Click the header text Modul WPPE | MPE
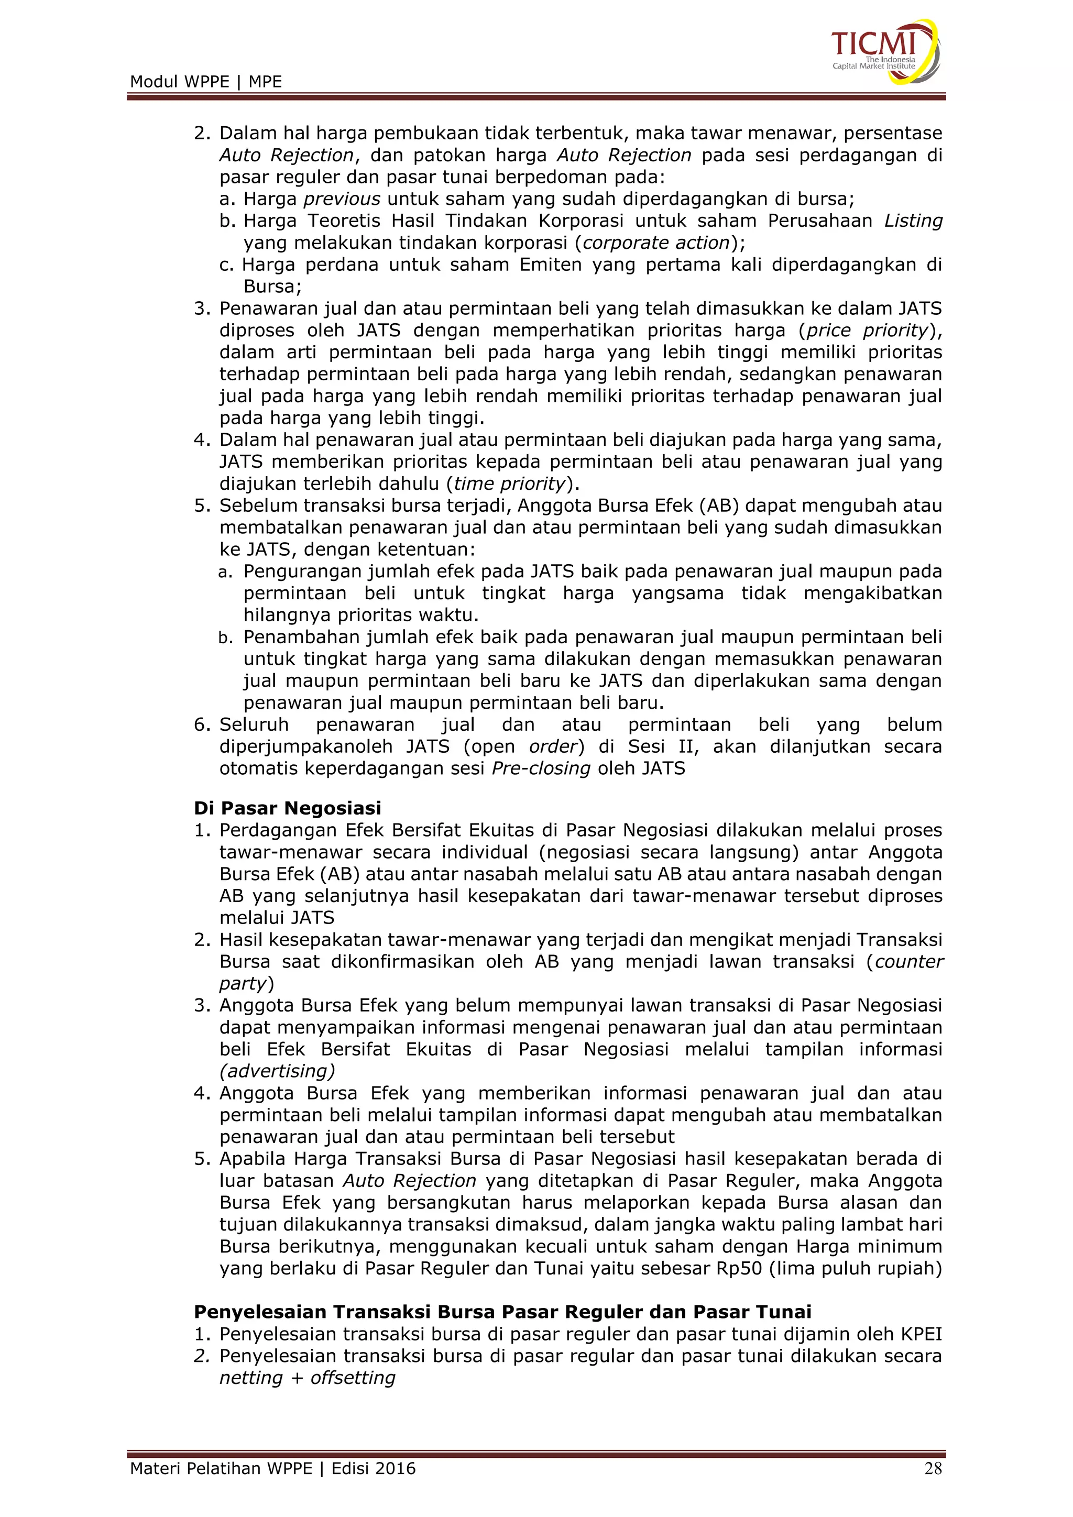click(x=205, y=82)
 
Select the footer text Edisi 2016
click(x=374, y=1468)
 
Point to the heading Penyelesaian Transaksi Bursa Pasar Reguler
click(x=502, y=1312)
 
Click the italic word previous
click(x=342, y=199)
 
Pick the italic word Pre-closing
click(x=541, y=768)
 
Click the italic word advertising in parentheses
click(x=278, y=1071)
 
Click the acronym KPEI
click(x=921, y=1334)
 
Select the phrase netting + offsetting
click(x=307, y=1378)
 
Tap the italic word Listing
click(x=913, y=221)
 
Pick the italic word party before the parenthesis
click(x=243, y=984)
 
